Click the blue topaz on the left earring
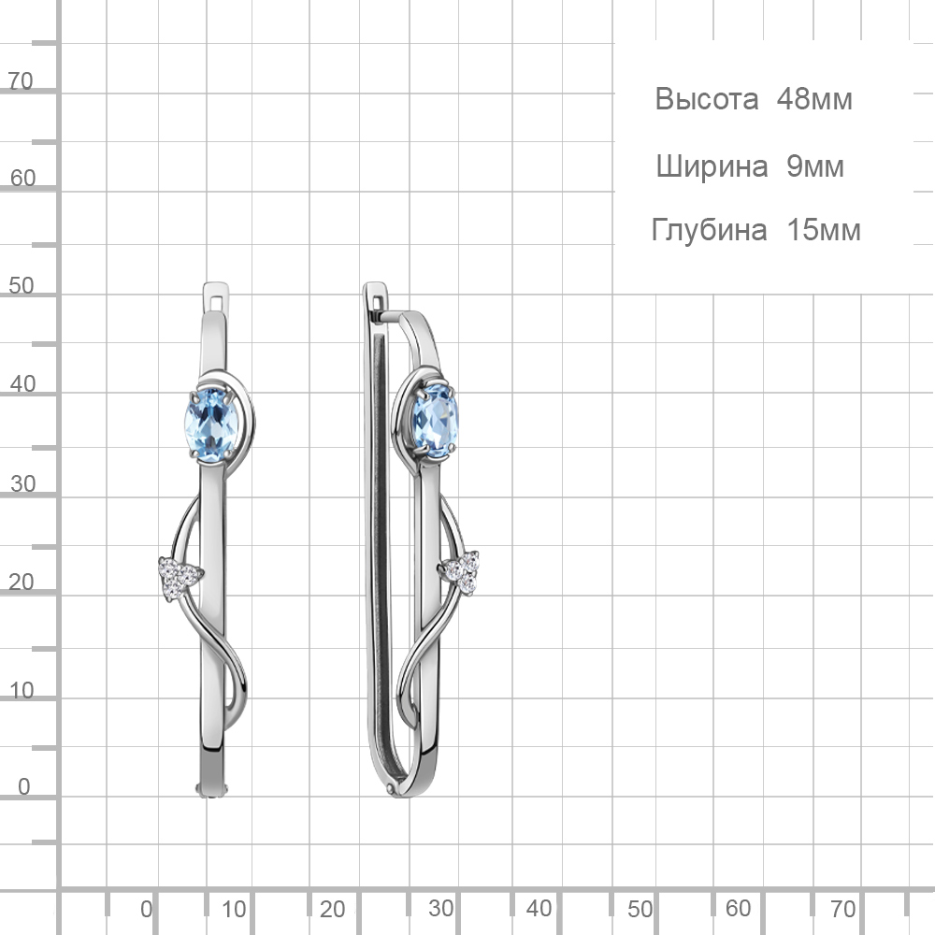211,424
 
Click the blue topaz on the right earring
436,421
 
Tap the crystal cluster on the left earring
178,578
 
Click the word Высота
707,99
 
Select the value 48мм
814,99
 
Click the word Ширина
712,166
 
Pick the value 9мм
815,166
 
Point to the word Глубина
709,230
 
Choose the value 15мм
824,230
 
